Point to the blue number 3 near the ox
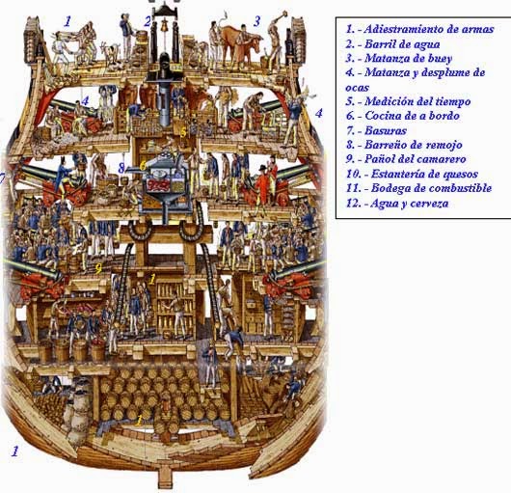(256, 21)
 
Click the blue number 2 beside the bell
(148, 20)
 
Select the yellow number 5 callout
(184, 130)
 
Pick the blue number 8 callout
(121, 168)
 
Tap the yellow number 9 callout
(98, 266)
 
